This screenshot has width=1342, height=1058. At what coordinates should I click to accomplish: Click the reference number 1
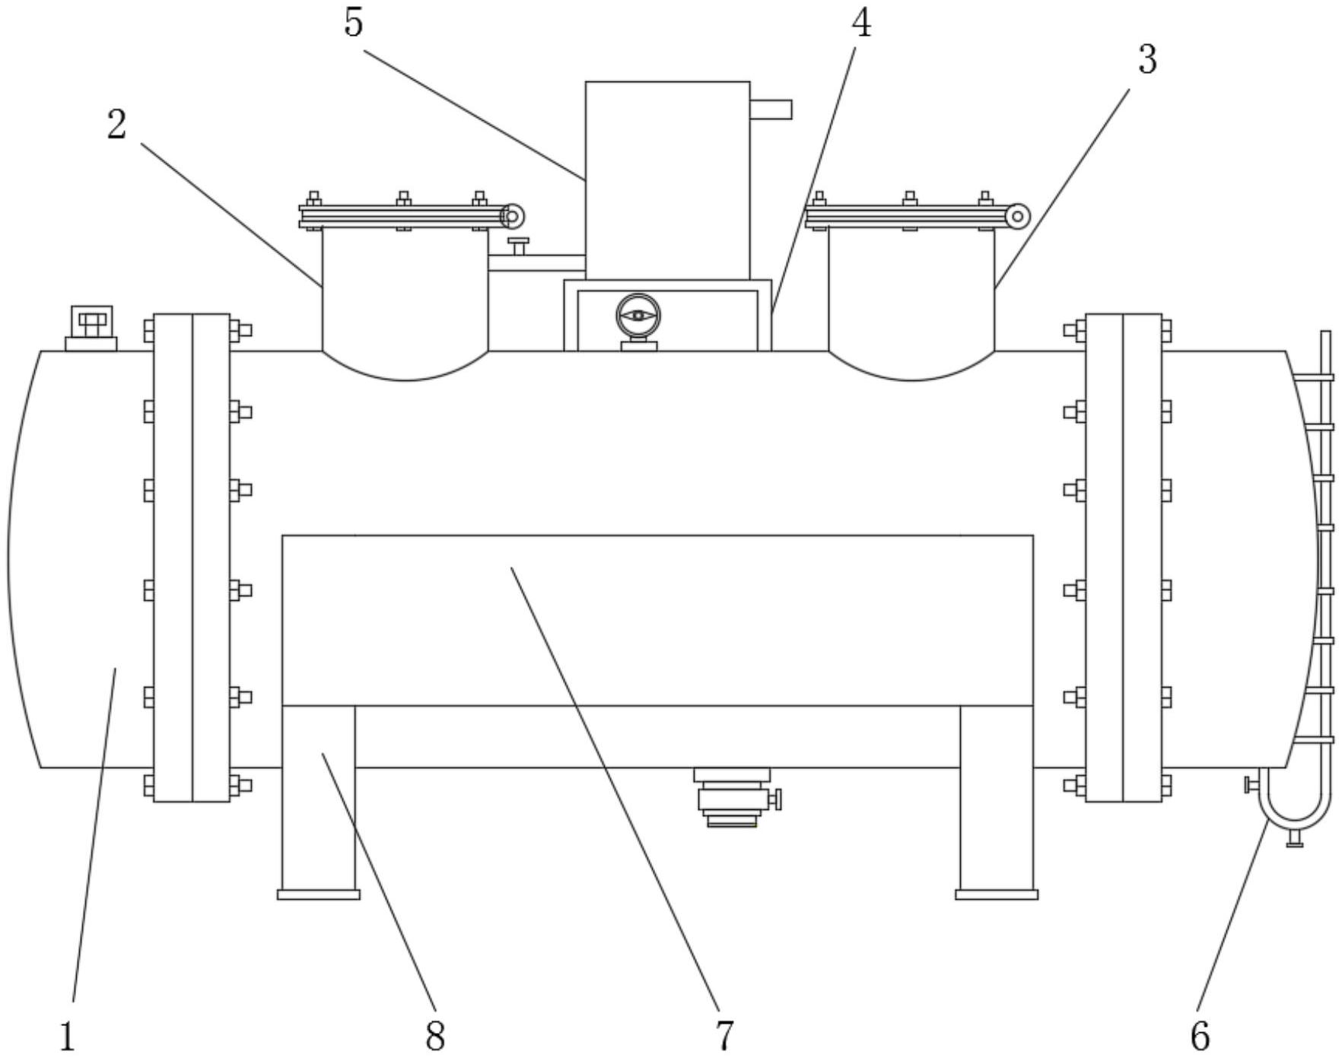pyautogui.click(x=68, y=1037)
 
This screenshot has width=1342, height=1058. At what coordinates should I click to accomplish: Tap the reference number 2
pyautogui.click(x=116, y=125)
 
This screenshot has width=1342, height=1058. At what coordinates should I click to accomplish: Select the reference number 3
pyautogui.click(x=1147, y=59)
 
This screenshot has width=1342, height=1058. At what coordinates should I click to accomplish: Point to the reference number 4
pyautogui.click(x=860, y=23)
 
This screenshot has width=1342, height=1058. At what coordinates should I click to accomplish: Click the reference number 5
pyautogui.click(x=354, y=23)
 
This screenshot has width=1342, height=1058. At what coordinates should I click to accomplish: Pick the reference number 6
pyautogui.click(x=1199, y=1037)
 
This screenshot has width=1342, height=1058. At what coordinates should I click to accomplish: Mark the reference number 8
pyautogui.click(x=434, y=1037)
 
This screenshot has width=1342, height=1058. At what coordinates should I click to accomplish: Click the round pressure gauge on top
pyautogui.click(x=638, y=316)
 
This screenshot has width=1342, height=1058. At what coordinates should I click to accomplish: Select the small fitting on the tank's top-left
pyautogui.click(x=91, y=328)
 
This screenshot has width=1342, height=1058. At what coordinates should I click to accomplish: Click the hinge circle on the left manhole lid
pyautogui.click(x=513, y=217)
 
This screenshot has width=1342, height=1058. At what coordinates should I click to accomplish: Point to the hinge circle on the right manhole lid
pyautogui.click(x=1017, y=217)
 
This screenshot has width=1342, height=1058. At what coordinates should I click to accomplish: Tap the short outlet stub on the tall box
pyautogui.click(x=771, y=110)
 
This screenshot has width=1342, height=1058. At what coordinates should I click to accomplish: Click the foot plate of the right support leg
pyautogui.click(x=997, y=895)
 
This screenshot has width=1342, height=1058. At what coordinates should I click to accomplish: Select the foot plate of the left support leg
pyautogui.click(x=318, y=895)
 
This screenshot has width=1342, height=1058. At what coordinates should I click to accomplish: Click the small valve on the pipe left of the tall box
pyautogui.click(x=519, y=246)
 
